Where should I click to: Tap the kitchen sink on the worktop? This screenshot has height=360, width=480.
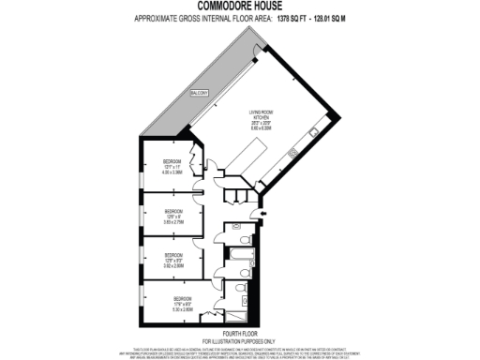tap(292, 152)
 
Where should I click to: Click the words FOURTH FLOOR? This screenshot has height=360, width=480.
tap(240, 335)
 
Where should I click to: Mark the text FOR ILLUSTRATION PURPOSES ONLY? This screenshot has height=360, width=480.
tap(240, 341)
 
